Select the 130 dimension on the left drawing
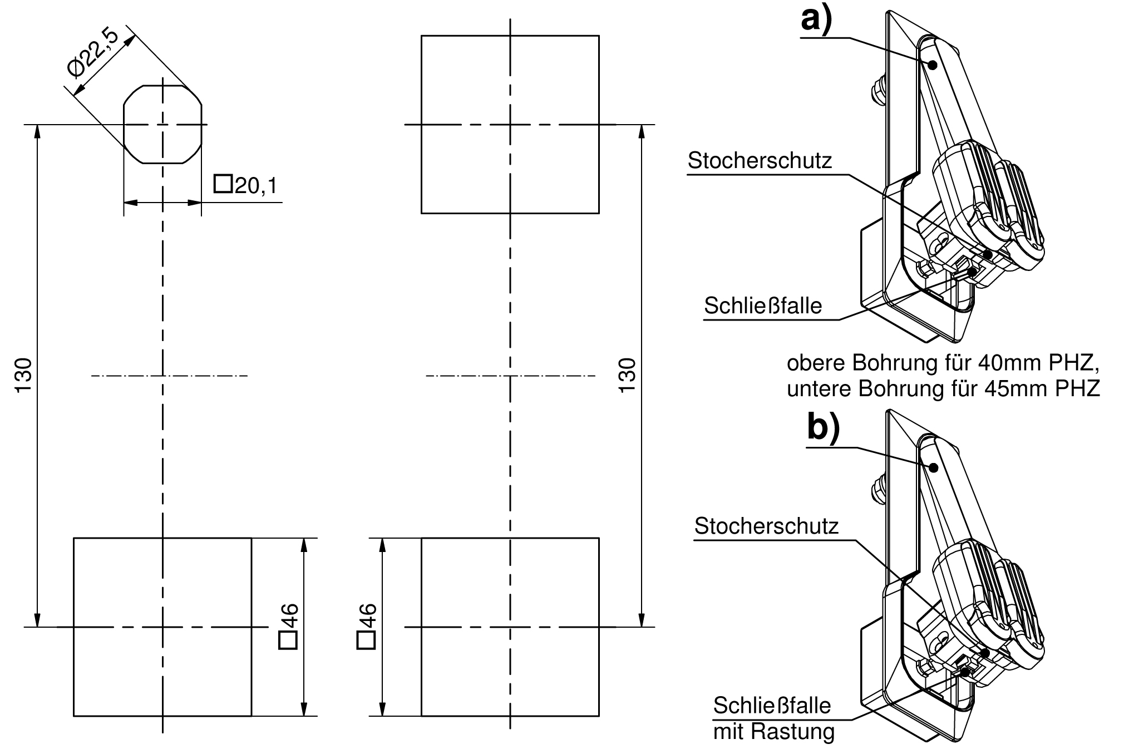coord(24,375)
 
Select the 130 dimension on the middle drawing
coord(627,375)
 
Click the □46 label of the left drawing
coord(289,627)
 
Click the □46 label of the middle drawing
coord(367,627)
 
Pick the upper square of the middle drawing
coord(510,125)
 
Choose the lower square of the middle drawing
coord(510,627)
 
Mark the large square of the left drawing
coord(162,627)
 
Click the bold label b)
coord(824,428)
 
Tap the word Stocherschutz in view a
coord(760,161)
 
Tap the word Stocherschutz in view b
coord(766,526)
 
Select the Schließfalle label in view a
coord(763,305)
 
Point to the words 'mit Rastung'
coord(774,731)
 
